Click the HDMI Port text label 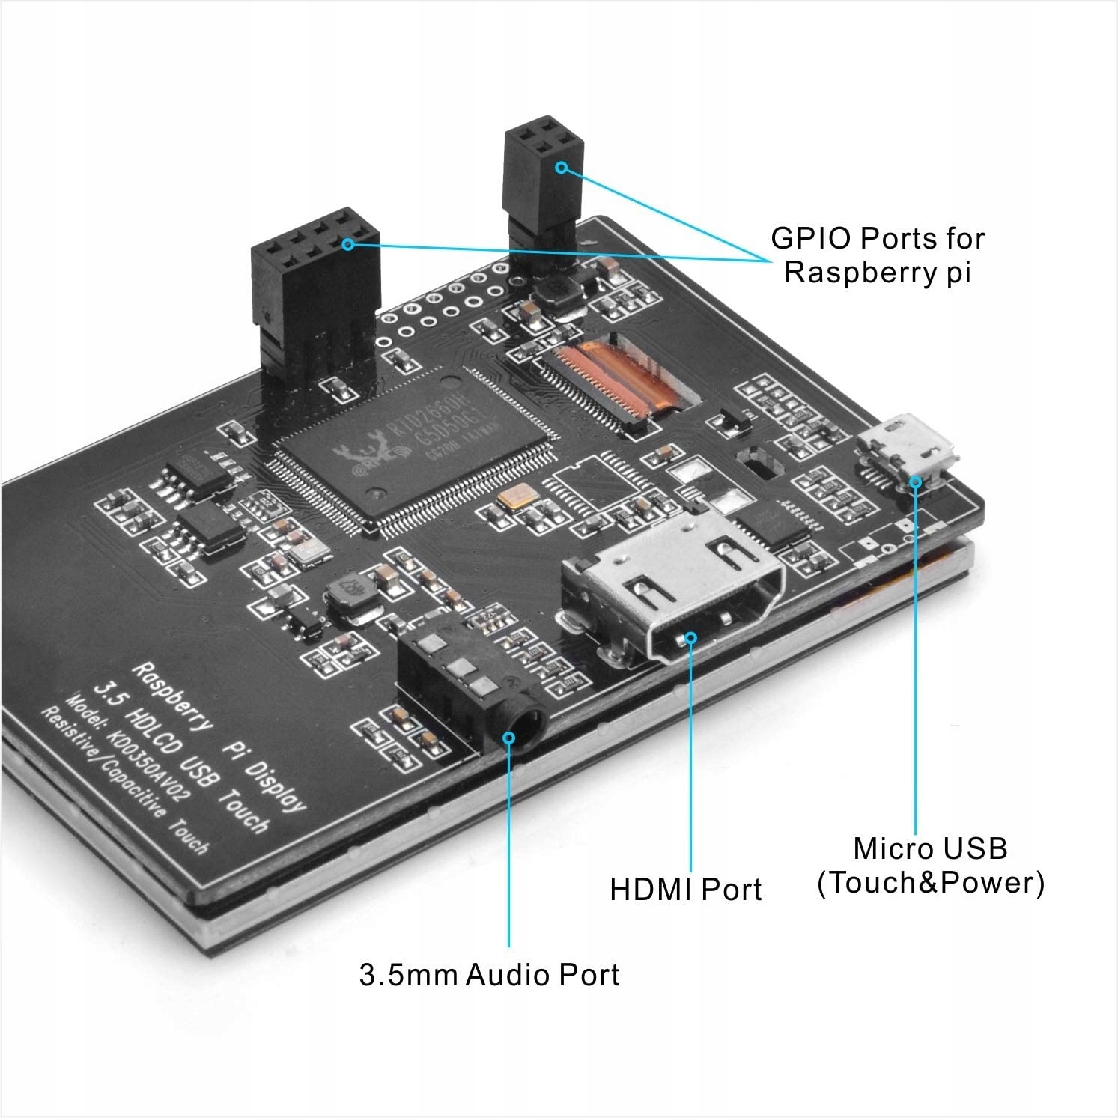[685, 890]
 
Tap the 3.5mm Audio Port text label [489, 975]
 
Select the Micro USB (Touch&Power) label [930, 866]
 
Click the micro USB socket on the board [908, 449]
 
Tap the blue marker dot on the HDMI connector [690, 638]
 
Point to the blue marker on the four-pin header [561, 168]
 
